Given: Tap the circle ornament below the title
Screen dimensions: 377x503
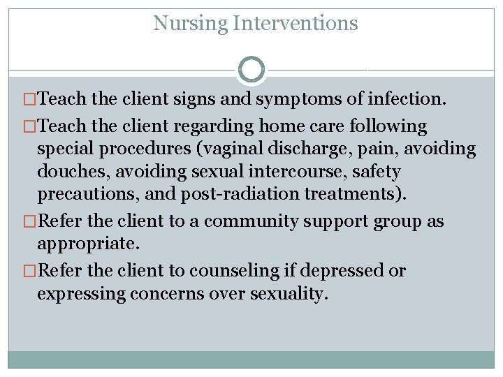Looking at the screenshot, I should coord(251,69).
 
